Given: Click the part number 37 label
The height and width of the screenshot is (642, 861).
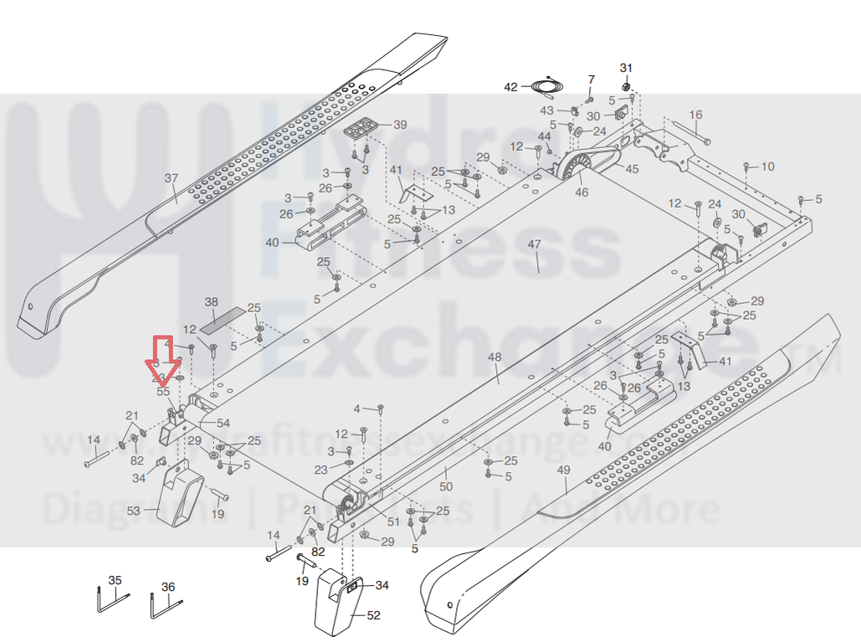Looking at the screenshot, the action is coord(172,178).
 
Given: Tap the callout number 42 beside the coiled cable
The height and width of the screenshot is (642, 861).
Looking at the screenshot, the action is coord(511,86).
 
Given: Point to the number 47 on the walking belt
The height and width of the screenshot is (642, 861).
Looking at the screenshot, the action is coord(535,244).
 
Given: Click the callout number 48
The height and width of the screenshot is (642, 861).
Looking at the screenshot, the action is coord(495,357).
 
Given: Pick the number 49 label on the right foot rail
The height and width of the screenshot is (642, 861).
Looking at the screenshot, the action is coord(563,470).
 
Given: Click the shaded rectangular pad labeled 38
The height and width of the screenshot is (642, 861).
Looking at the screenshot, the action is coord(225,316).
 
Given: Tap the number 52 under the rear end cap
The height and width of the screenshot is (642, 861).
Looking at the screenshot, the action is coord(373,615).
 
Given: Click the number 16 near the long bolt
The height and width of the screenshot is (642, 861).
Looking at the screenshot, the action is coord(695,115).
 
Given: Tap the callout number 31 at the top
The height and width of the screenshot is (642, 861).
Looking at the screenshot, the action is coord(626,67).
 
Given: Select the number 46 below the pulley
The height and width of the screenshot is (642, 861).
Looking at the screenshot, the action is coord(582,193).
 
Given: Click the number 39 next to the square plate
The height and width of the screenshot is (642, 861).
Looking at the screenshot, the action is coord(400,125).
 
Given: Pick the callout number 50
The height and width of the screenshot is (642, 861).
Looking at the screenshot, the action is coord(446,486).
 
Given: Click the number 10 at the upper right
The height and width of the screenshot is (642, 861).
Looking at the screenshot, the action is coord(767,167).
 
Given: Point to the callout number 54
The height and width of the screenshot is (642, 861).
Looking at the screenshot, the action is coord(223,424).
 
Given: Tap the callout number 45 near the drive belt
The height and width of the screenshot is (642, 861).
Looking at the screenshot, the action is coord(632,169).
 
